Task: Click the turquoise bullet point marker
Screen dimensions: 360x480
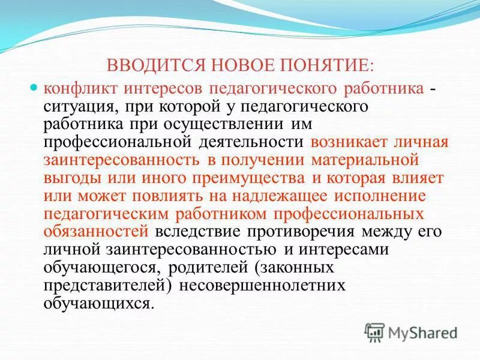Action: pyautogui.click(x=34, y=88)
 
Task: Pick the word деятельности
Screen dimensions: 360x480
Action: pyautogui.click(x=251, y=142)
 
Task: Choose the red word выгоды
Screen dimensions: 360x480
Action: pyautogui.click(x=67, y=178)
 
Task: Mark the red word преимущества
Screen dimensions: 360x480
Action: pyautogui.click(x=238, y=178)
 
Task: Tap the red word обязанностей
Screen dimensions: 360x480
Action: pyautogui.click(x=96, y=232)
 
